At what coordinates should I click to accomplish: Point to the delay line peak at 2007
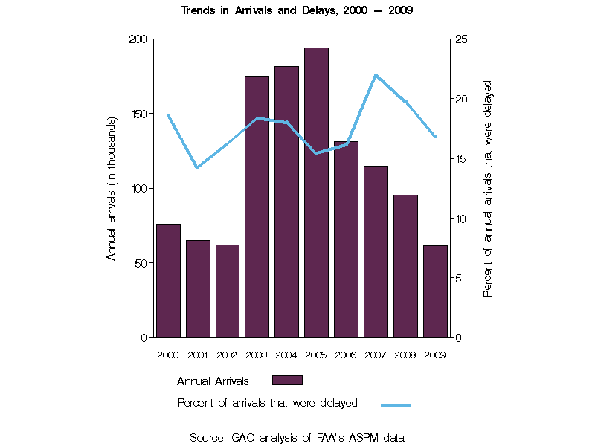coord(376,75)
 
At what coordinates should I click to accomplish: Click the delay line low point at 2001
coord(197,167)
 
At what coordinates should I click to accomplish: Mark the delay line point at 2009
coord(435,136)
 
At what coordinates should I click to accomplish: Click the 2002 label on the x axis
coord(227,355)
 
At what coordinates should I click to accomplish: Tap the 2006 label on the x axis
coord(346,355)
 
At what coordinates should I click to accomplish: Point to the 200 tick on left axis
coord(140,39)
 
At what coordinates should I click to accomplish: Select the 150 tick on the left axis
coord(140,114)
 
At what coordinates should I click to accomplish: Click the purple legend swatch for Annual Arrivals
coord(287,381)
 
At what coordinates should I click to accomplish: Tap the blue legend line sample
coord(396,405)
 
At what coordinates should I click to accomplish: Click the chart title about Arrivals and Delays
coord(297,10)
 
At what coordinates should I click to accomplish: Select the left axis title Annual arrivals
coord(112,188)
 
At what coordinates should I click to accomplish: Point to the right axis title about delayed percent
coord(488,188)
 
